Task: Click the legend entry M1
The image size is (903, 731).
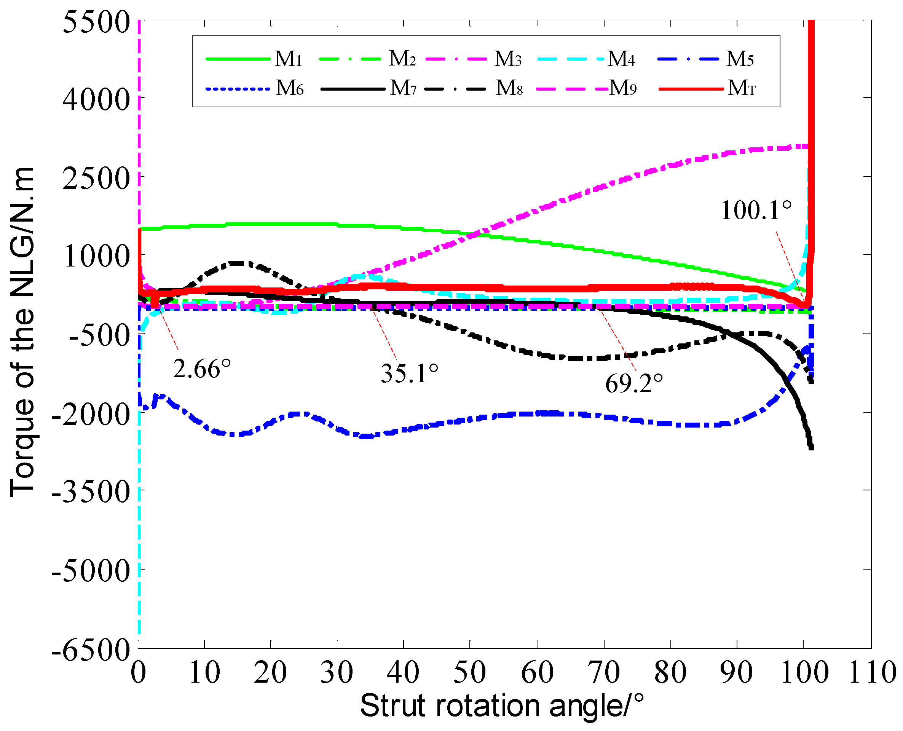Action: point(288,59)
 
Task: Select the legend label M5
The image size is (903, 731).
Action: point(740,59)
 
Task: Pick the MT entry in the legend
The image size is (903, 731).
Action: point(741,88)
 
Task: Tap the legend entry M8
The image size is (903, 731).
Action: point(509,88)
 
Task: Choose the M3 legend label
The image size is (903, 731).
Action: point(508,59)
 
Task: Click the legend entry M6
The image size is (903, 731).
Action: point(290,88)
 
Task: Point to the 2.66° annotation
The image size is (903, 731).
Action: point(202,369)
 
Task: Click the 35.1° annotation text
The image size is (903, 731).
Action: point(409,373)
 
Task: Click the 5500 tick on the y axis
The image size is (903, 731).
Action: point(96,22)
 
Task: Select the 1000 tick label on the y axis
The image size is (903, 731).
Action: point(96,256)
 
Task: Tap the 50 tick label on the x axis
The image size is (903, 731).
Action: point(469,673)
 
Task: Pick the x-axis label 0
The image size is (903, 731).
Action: point(139,673)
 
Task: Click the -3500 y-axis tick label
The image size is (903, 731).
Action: point(91,492)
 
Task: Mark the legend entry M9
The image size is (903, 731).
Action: point(623,88)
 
